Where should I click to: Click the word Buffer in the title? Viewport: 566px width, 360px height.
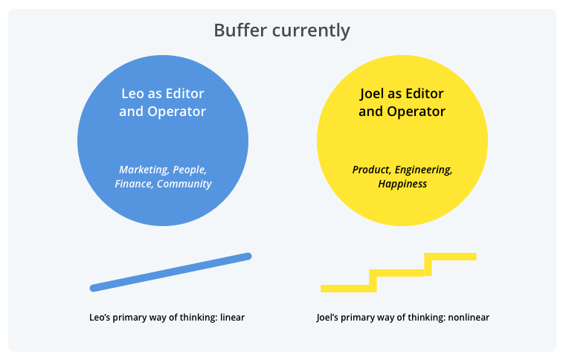pos(238,30)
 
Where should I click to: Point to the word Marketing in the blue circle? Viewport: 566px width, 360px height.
pos(144,170)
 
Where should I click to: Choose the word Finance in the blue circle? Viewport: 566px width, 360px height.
pos(133,184)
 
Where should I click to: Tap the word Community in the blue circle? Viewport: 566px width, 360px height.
pos(184,184)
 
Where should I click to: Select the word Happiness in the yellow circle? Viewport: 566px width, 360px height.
pos(402,184)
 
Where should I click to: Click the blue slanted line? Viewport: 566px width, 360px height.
pos(170,272)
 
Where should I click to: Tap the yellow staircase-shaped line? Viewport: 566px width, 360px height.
pos(399,272)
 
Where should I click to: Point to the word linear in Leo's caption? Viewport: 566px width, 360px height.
pos(232,318)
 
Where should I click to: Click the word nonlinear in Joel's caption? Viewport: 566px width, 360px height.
pos(468,318)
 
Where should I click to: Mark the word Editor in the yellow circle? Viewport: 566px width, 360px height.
pos(425,94)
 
